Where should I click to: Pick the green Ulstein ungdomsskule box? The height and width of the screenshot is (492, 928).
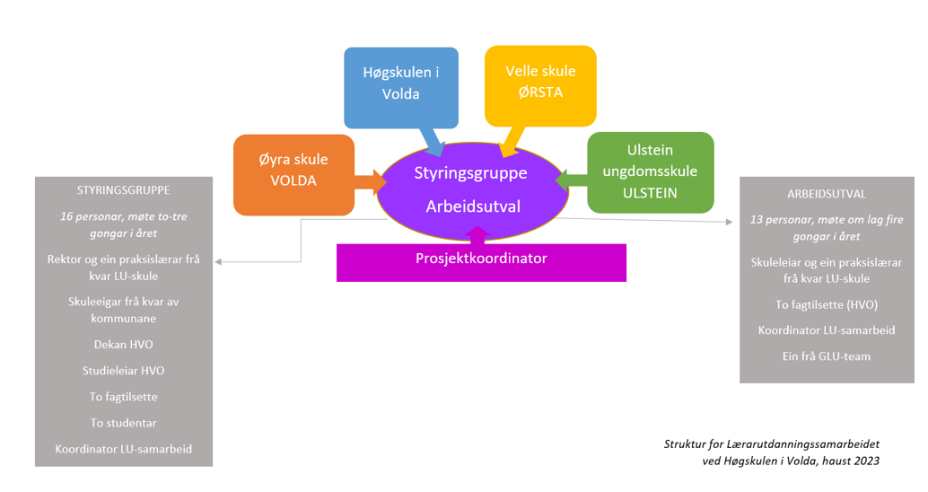[651, 171]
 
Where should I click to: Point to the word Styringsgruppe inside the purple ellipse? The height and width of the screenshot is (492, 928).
[471, 172]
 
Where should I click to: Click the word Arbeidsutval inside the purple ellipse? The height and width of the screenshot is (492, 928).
[473, 207]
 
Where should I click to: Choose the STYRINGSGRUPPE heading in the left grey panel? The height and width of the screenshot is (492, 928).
[124, 190]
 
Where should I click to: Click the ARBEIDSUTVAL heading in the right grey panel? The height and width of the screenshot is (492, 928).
[827, 194]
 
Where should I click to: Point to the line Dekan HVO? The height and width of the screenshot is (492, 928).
[123, 344]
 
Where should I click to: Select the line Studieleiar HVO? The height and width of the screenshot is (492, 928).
[123, 370]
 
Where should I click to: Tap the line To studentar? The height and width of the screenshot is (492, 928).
[123, 422]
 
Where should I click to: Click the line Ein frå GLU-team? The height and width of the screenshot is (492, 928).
[827, 356]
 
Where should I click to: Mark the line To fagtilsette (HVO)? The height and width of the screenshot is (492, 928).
[827, 303]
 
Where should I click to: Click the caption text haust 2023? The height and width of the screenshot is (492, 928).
[848, 461]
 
